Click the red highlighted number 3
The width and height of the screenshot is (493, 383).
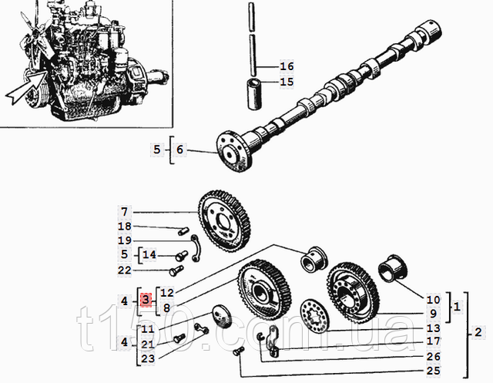click(146, 301)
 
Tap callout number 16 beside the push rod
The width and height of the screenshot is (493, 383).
click(287, 66)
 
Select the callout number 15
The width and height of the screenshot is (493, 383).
click(287, 82)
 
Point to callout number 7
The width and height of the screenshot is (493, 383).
click(125, 212)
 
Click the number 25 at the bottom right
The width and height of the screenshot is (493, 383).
click(433, 371)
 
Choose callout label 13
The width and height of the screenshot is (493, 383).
click(433, 328)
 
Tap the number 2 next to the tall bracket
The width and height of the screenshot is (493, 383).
click(478, 332)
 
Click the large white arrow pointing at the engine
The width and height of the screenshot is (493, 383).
click(25, 87)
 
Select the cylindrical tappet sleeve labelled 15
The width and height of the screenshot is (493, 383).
click(254, 94)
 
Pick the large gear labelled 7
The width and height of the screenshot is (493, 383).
click(224, 222)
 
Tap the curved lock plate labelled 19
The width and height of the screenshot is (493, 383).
click(195, 247)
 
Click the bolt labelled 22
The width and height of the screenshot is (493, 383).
click(176, 270)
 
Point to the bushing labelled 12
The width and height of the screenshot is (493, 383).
click(313, 260)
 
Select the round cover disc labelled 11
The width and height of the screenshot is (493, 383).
click(222, 316)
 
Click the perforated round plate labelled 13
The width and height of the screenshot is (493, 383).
click(314, 317)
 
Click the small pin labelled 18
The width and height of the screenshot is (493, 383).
click(183, 231)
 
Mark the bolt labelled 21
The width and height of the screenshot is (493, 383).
click(179, 338)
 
